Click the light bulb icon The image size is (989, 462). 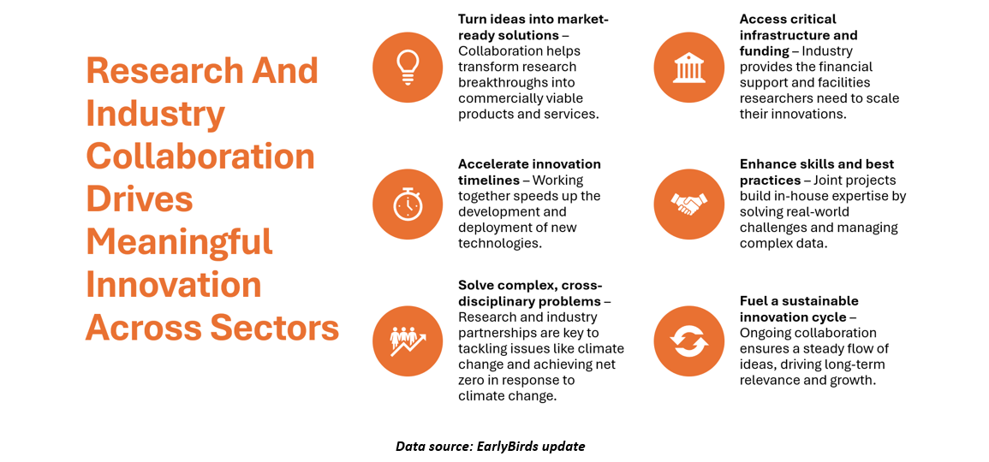408,67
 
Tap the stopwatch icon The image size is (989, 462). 408,203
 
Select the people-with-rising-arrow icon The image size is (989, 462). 408,341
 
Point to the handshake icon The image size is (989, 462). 688,204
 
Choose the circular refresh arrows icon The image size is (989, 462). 688,341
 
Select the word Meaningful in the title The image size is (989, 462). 179,242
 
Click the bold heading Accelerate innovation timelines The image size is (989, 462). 529,171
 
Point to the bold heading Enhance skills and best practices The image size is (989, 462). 817,171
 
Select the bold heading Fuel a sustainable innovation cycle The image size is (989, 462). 799,309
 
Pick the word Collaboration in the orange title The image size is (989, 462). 200,157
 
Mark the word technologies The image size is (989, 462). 499,242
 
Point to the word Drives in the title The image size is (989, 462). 140,199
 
